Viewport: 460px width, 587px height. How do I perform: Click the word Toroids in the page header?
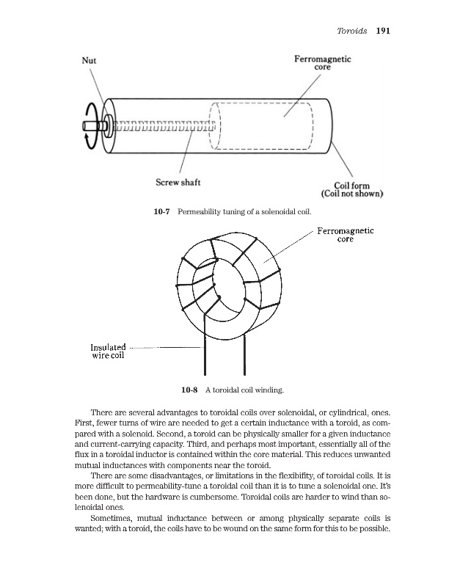350,32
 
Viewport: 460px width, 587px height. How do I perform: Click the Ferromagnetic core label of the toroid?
346,235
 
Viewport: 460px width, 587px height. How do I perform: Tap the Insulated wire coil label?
108,351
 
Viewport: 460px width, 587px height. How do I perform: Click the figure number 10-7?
161,211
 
